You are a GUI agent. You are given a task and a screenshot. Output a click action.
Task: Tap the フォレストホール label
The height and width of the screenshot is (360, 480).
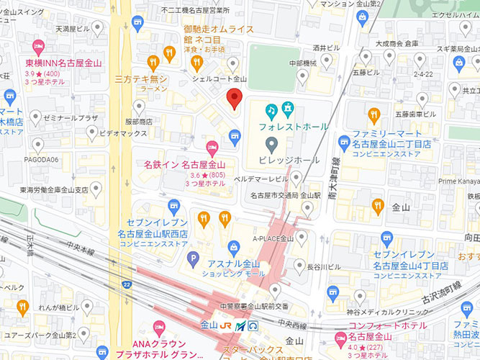[x=295, y=127]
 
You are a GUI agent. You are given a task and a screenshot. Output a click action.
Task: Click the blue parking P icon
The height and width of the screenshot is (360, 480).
[x=191, y=258]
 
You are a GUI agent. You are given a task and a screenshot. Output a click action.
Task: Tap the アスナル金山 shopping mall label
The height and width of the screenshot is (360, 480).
[x=232, y=264]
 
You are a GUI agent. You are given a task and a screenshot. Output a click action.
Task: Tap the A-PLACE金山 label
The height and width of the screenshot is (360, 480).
[x=273, y=238]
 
